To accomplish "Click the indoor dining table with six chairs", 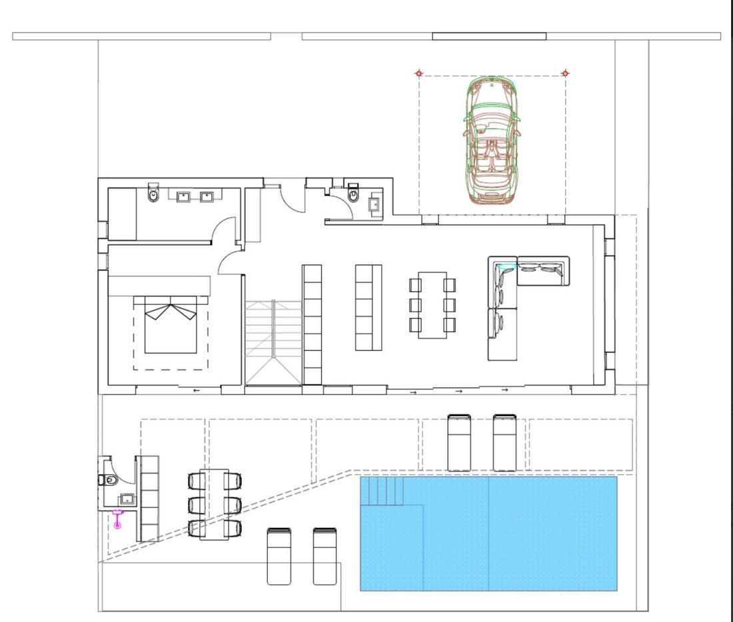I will (432, 304).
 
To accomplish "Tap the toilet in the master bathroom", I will (154, 194).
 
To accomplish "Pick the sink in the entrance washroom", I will (374, 203).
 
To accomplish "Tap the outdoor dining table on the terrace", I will (214, 503).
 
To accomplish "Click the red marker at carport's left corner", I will (418, 73).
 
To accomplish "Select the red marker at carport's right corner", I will (565, 73).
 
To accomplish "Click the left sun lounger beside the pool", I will (279, 555).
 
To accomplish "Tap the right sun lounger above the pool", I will (504, 442).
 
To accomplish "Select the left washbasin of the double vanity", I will (183, 196).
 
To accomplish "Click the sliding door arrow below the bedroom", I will (196, 390).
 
